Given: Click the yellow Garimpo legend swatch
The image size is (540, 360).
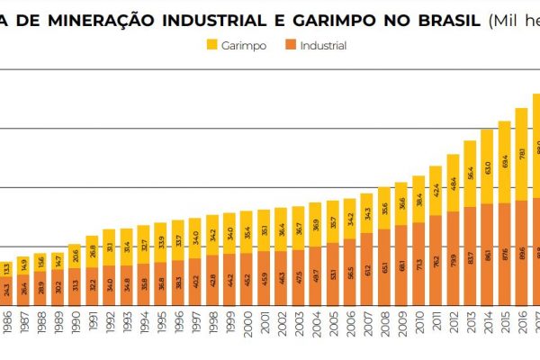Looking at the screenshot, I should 212,45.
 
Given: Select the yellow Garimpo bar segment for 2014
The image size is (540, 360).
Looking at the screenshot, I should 487,166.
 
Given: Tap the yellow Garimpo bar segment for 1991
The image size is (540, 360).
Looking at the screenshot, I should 92,248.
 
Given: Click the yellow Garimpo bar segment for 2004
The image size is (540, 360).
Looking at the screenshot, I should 315,225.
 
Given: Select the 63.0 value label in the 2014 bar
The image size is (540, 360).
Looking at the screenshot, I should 487,167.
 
